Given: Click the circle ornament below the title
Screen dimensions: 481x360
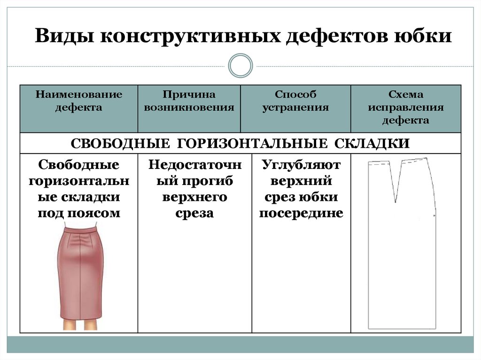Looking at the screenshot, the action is (x=240, y=65).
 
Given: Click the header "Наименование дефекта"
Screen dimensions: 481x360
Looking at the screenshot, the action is (x=78, y=101).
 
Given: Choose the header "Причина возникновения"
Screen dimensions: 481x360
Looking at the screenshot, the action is (x=189, y=101).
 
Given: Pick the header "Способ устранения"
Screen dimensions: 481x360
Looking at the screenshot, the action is (x=295, y=101).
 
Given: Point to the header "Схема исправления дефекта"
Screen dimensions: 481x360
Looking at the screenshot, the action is (x=406, y=107).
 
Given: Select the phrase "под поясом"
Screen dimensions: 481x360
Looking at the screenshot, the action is (x=78, y=214).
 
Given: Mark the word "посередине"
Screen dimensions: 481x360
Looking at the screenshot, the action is (x=301, y=214).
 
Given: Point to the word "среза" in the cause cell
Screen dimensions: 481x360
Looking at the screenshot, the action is (x=194, y=214).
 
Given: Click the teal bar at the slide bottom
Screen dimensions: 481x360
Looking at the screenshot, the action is (x=240, y=345).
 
